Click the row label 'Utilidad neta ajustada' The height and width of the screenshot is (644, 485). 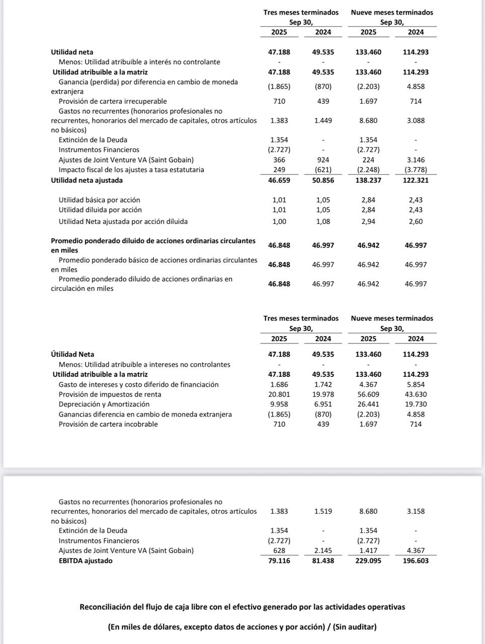click(x=87, y=180)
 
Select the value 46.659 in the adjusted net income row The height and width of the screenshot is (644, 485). click(x=279, y=180)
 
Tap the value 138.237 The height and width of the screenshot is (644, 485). click(x=368, y=180)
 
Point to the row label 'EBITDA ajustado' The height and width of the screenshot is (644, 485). click(x=86, y=560)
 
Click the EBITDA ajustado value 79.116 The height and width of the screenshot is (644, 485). click(x=279, y=560)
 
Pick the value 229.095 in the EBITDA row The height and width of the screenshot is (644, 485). click(x=368, y=560)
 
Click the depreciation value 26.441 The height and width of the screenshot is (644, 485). click(x=368, y=404)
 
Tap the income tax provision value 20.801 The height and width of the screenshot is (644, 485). click(x=279, y=394)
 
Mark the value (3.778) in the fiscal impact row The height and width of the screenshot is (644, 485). click(x=416, y=170)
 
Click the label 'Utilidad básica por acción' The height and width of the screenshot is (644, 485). click(x=99, y=200)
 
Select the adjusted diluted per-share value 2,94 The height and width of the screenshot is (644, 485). click(x=368, y=221)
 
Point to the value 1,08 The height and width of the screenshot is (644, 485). click(x=323, y=221)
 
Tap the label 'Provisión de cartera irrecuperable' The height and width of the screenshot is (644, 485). click(x=113, y=101)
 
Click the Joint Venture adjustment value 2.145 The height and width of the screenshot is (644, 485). click(x=323, y=550)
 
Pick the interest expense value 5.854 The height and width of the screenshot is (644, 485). click(x=416, y=384)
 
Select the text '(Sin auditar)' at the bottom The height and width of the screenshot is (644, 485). click(x=355, y=627)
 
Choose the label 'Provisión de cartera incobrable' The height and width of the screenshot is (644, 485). click(x=108, y=424)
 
